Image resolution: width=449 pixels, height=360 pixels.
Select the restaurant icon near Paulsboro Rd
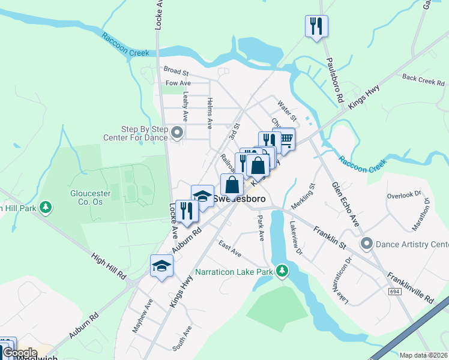click(x=316, y=26)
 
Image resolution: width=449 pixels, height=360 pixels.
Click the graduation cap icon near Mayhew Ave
click(x=161, y=266)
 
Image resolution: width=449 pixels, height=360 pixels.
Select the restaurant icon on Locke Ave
click(x=187, y=211)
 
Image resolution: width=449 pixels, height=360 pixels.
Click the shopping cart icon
click(x=286, y=139)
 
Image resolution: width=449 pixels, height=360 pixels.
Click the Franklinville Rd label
click(x=411, y=287)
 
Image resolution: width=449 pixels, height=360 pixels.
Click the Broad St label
click(x=176, y=71)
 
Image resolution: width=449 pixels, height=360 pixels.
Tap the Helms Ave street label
click(x=209, y=113)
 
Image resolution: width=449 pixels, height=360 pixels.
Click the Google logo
click(x=20, y=353)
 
